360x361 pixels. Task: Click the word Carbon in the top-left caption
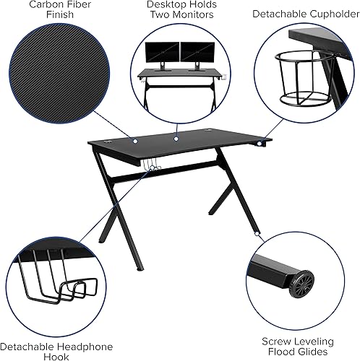(40, 4)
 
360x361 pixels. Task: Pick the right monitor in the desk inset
(195, 52)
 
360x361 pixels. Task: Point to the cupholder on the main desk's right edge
(259, 146)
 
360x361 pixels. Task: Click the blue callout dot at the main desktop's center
(175, 136)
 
